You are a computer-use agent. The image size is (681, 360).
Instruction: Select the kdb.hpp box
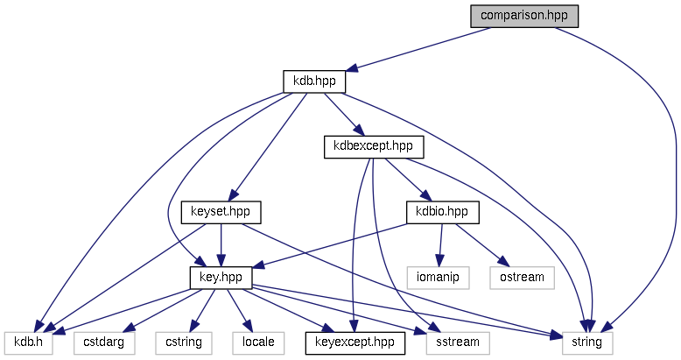(314, 81)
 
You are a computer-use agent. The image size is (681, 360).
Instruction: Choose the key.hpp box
(221, 278)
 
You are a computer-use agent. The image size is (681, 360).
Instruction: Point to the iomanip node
(438, 278)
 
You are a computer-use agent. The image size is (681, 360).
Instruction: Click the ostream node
(522, 278)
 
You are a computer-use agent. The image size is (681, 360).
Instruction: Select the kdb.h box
(29, 342)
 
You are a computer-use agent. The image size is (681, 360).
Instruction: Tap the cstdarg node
(99, 342)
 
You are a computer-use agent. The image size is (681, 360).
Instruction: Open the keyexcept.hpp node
(355, 342)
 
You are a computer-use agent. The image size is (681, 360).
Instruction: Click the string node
(586, 342)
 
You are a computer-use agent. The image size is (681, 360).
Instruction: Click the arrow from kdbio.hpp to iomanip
(441, 244)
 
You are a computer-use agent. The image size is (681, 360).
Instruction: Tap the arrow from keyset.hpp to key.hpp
(221, 244)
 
